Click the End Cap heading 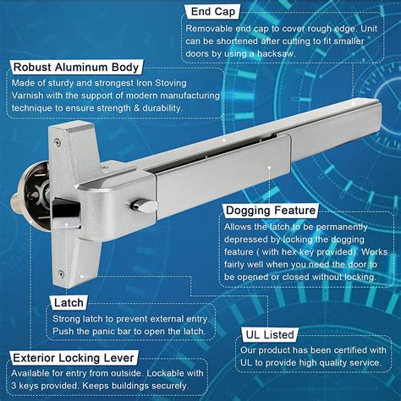[x=212, y=13]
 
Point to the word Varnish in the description [x=31, y=95]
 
